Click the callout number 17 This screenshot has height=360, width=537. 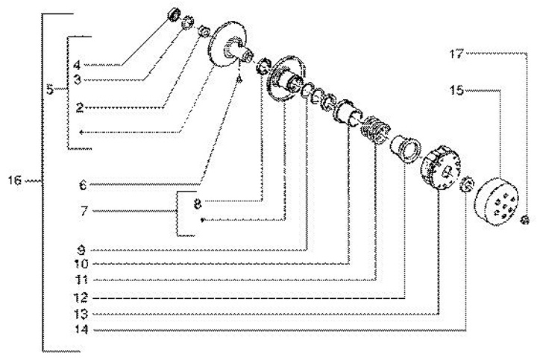coord(456,54)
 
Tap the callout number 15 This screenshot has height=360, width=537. coord(456,91)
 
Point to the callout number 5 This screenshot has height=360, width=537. coord(49,89)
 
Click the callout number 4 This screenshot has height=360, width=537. coord(77,65)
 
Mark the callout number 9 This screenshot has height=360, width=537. coord(84,250)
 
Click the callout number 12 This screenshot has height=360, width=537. coord(82,297)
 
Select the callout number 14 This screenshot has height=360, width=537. coord(82,329)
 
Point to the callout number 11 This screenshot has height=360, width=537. coord(82,281)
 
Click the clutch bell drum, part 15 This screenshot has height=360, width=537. coord(498,200)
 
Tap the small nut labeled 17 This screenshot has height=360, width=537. coord(524,219)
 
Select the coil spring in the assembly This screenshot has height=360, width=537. coord(371,130)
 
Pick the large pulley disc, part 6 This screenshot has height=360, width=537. coord(230,46)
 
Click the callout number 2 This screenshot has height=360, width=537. coord(79,107)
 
